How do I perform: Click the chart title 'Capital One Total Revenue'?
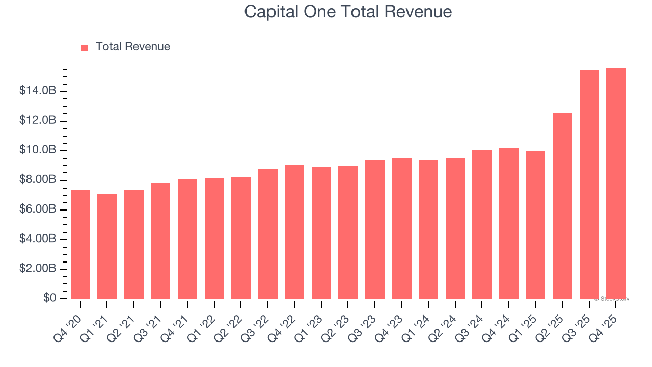pos(348,11)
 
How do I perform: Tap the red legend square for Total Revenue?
pos(85,47)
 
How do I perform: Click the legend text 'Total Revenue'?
pos(132,47)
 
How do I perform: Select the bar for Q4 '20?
pos(80,245)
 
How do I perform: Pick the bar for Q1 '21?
pos(107,246)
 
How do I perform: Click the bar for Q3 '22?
pos(268,233)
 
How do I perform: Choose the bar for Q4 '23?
pos(402,228)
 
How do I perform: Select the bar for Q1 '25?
pos(535,225)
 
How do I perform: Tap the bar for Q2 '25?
pos(562,205)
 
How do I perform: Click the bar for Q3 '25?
pos(589,184)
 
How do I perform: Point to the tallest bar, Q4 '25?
pos(616,183)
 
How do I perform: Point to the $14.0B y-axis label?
pos(38,91)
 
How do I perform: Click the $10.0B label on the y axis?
pos(38,150)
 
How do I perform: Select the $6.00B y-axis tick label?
pos(38,209)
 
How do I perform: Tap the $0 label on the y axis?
pos(50,298)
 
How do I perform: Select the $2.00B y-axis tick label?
pos(38,269)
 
